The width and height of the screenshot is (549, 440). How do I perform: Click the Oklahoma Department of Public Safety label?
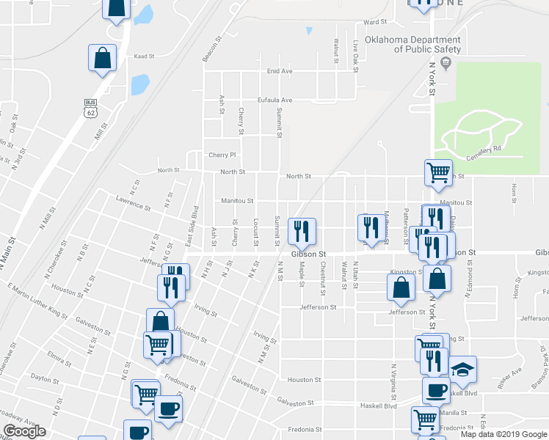click(426, 45)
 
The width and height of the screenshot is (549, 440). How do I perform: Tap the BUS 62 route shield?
click(90, 108)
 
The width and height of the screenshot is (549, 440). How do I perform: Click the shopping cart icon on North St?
click(438, 172)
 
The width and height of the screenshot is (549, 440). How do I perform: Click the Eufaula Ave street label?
click(274, 100)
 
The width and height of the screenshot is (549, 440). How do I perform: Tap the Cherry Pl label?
click(222, 155)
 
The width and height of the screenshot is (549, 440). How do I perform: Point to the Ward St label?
click(374, 23)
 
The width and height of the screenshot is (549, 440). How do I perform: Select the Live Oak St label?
click(355, 53)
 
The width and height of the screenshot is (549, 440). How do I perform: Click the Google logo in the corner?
click(24, 431)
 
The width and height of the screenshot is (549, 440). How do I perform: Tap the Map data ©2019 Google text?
click(503, 434)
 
